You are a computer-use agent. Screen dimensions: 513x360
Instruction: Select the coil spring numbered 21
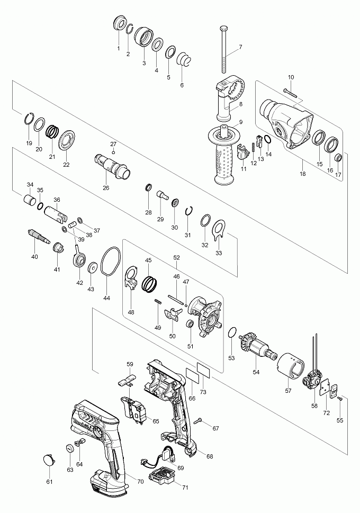pos(52,131)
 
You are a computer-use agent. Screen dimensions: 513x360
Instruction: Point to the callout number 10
pos(291,77)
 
